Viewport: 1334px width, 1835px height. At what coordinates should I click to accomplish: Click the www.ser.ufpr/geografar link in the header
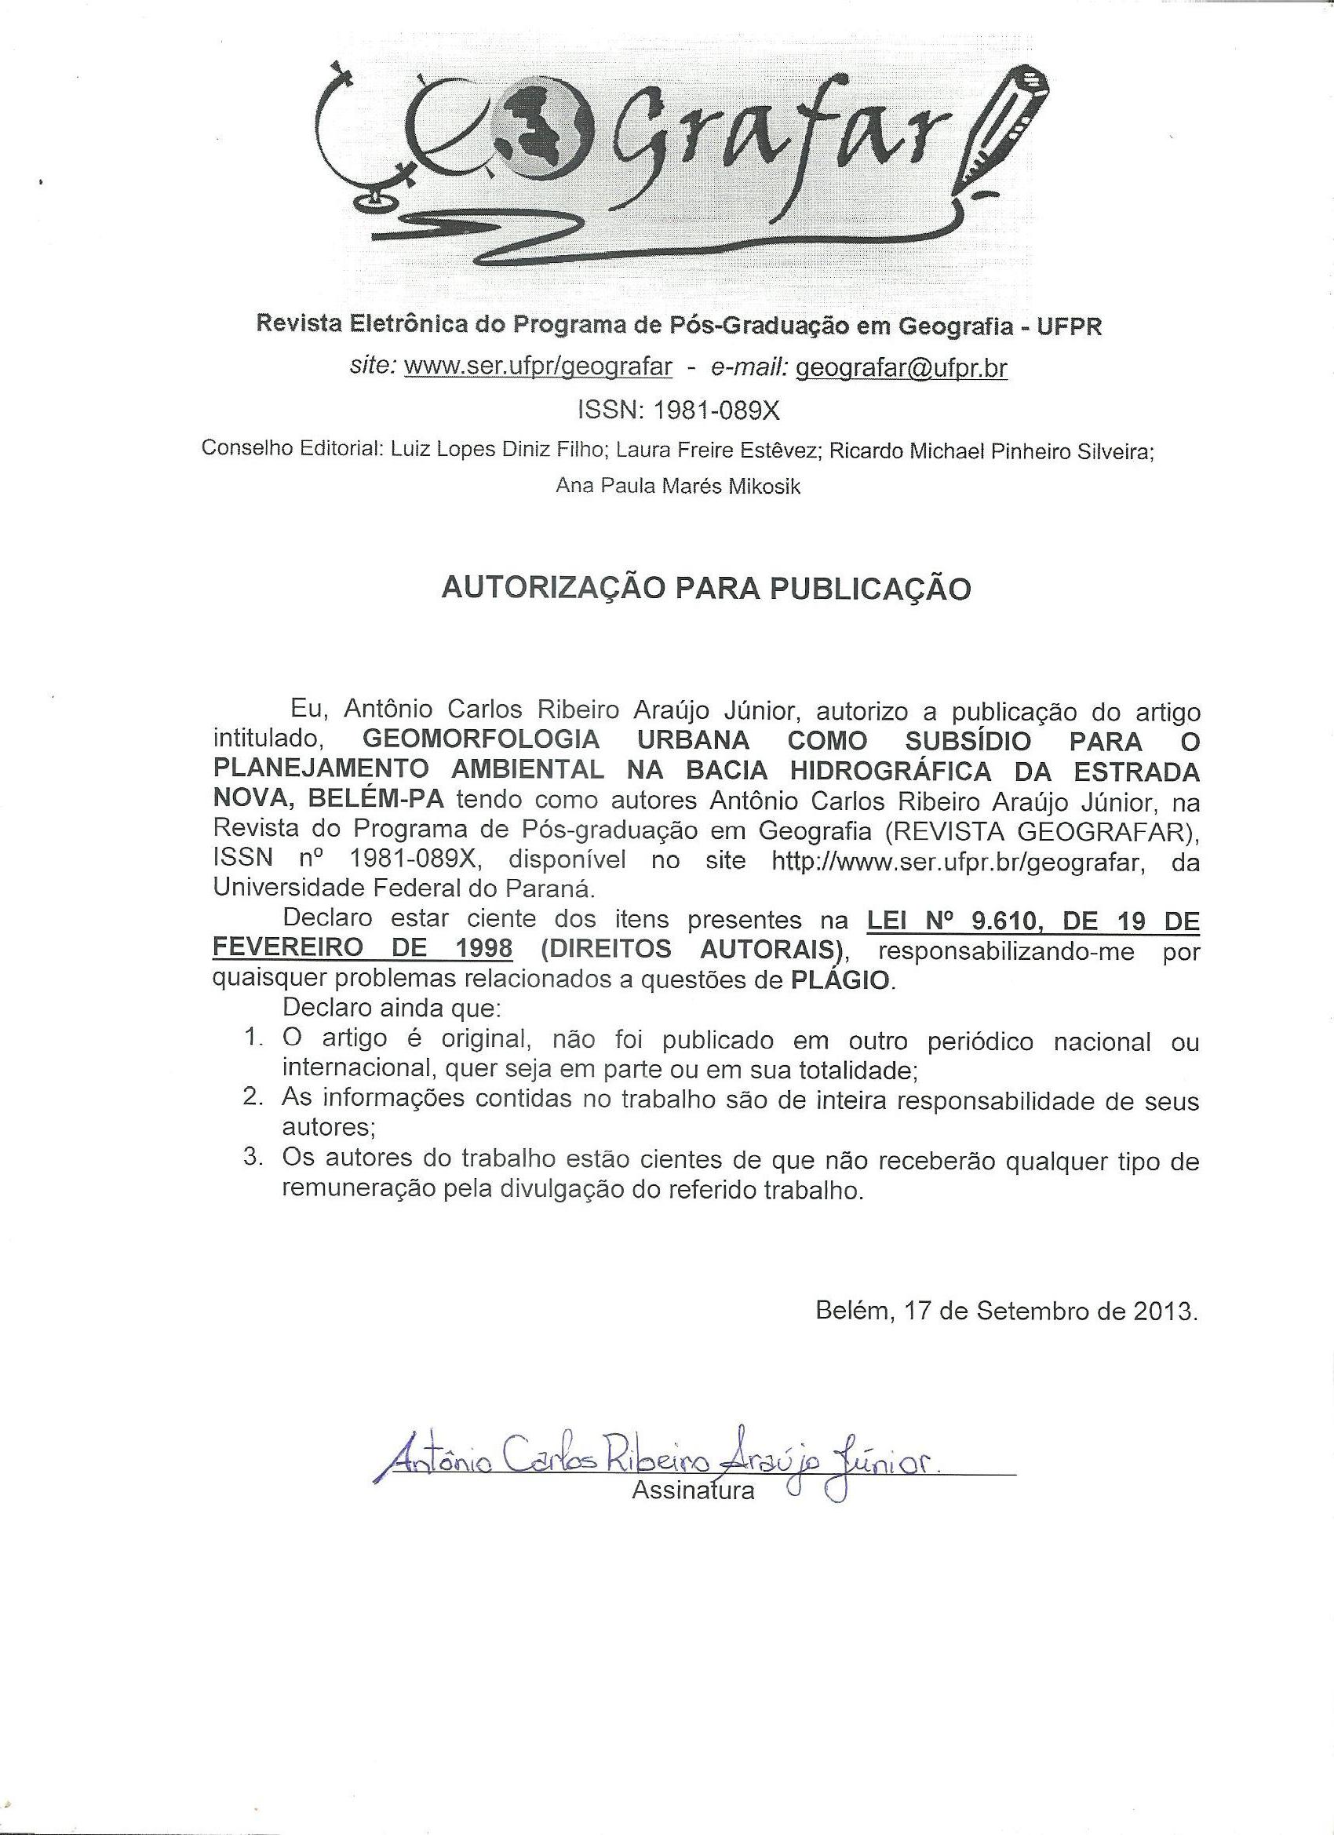click(x=538, y=367)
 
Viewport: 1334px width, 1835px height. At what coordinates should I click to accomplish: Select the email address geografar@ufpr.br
click(x=902, y=367)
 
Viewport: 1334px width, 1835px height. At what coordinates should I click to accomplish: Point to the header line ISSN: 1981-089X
click(x=678, y=410)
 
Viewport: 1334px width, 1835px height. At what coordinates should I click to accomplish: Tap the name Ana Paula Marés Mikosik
click(x=678, y=487)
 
